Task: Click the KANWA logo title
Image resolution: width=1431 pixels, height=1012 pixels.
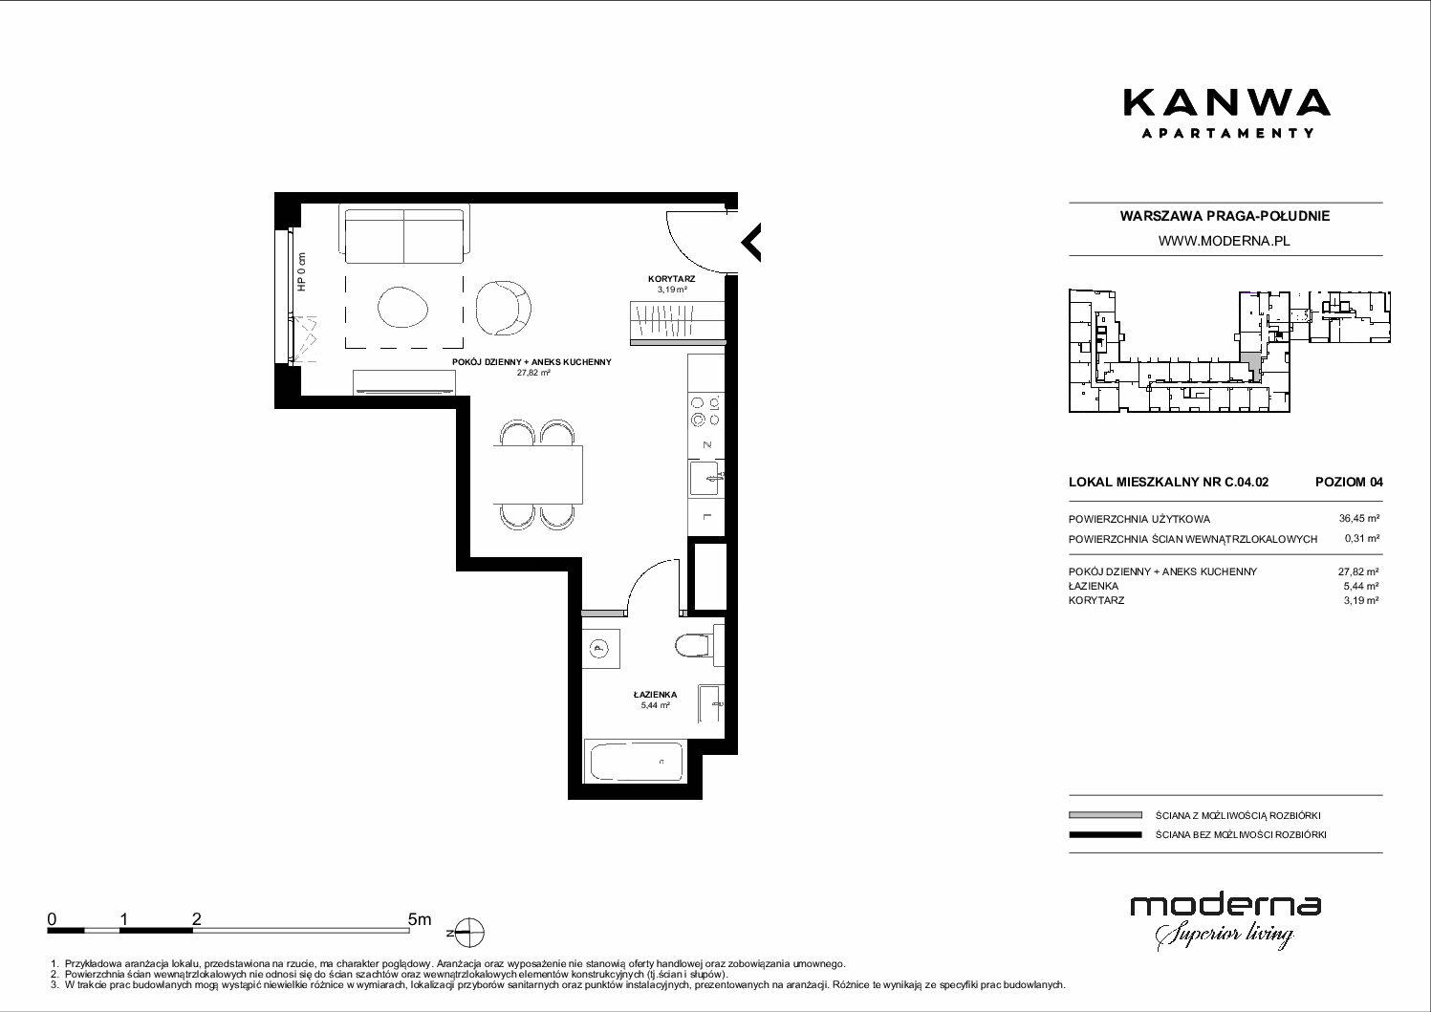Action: [x=1226, y=103]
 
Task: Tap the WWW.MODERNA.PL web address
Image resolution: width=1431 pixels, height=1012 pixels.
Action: [x=1224, y=241]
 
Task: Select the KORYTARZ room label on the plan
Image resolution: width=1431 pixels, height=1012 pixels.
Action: [x=671, y=279]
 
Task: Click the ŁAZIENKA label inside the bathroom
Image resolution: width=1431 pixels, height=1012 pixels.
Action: [x=656, y=695]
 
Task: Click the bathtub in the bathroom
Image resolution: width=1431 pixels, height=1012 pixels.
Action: [x=635, y=761]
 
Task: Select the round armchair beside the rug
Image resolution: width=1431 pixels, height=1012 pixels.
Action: [x=503, y=308]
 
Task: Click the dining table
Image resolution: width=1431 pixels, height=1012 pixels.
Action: [x=538, y=474]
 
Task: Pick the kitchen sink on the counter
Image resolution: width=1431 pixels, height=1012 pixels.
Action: [x=705, y=478]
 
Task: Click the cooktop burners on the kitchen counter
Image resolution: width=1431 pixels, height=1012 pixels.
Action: [x=705, y=411]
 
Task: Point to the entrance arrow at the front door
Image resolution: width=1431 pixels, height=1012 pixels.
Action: [x=750, y=243]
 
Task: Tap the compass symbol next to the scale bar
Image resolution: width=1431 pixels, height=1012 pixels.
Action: [x=469, y=933]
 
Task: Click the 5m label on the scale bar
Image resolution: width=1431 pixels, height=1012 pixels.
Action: [x=420, y=919]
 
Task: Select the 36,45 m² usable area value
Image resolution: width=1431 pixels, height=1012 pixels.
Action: [x=1358, y=519]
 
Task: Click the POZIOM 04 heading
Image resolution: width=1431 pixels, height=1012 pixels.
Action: [x=1349, y=482]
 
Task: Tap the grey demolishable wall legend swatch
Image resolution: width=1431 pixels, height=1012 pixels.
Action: [x=1105, y=815]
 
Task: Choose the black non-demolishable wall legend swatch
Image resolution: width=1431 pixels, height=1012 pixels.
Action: [x=1105, y=834]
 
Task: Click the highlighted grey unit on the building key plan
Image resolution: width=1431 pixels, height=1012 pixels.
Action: [x=1250, y=366]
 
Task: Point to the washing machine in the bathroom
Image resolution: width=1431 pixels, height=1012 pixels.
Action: [x=600, y=649]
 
